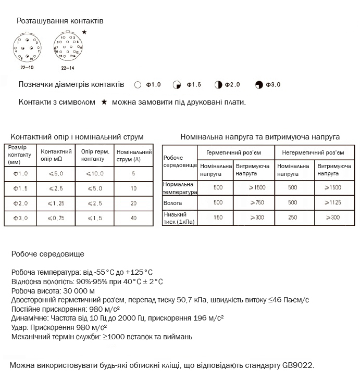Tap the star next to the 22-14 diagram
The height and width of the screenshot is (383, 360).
point(84,32)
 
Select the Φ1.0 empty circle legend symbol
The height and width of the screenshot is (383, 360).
point(138,84)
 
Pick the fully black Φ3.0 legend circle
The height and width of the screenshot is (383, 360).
point(259,84)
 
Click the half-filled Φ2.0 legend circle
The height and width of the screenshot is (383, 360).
point(218,84)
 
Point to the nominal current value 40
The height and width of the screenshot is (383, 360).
point(134,218)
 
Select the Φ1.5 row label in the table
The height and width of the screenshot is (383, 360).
point(20,188)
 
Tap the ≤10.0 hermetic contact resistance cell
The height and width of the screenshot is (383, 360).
point(95,173)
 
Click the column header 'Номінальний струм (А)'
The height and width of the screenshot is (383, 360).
point(134,155)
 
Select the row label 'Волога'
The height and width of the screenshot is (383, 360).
point(172,202)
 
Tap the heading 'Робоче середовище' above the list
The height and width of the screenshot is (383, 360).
point(47,254)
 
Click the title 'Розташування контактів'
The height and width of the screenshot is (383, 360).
point(60,21)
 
